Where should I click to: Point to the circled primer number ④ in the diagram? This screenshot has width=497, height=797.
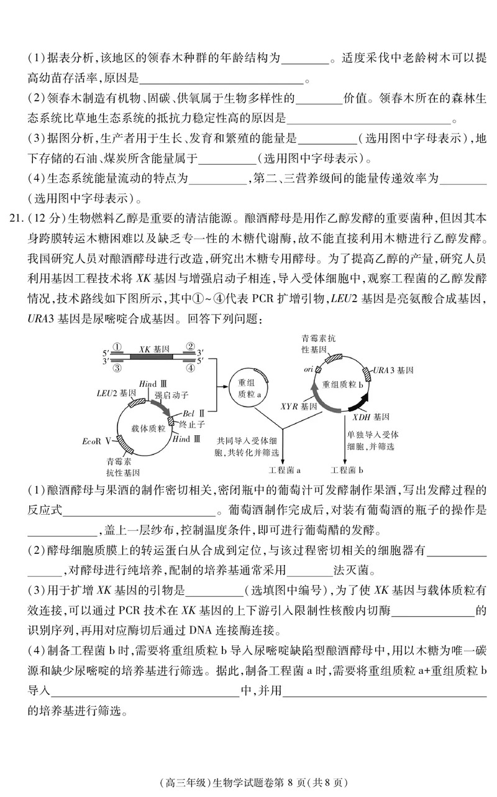tap(191, 367)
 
